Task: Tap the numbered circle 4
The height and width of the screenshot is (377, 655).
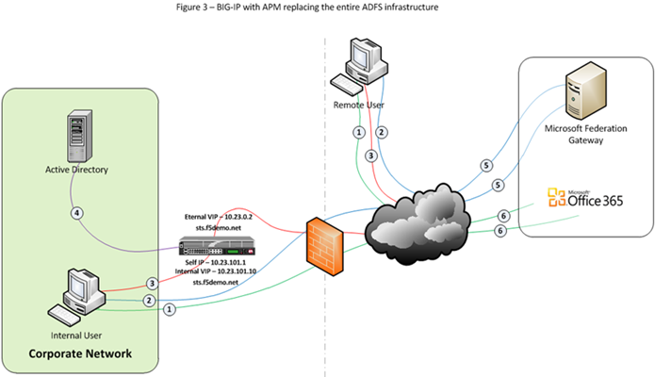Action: point(80,212)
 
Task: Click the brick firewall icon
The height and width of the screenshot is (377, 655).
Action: point(324,243)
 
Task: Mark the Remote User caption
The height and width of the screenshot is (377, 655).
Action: point(357,104)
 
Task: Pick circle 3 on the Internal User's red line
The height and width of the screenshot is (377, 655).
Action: point(151,283)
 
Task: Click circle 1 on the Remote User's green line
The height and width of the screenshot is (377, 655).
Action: point(358,132)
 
